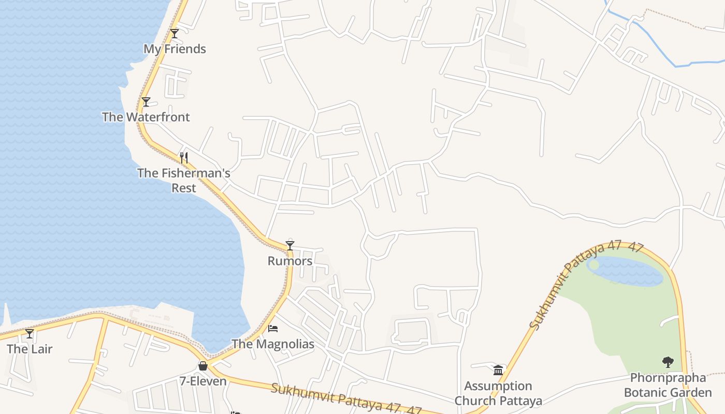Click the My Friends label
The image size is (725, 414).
[x=175, y=49]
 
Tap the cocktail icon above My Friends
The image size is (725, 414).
[x=175, y=34]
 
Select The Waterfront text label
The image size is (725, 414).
[x=146, y=117]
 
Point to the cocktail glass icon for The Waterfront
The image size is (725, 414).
[x=146, y=102]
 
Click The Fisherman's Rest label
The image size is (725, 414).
[x=184, y=180]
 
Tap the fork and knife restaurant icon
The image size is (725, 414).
[x=184, y=157]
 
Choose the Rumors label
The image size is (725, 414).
[x=290, y=261]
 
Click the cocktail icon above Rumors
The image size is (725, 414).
[x=290, y=245]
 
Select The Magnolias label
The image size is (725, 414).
[x=273, y=344]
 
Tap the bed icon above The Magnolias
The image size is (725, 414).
[x=273, y=329]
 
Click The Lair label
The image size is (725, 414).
[x=30, y=349]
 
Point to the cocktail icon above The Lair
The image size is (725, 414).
[x=30, y=334]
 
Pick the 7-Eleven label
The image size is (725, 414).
[x=203, y=381]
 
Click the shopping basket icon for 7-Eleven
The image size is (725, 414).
[x=203, y=366]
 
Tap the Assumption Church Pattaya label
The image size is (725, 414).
[x=498, y=393]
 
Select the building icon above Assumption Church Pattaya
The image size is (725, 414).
[x=498, y=370]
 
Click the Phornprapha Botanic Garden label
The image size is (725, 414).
[x=668, y=385]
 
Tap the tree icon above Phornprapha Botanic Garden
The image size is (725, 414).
[x=668, y=362]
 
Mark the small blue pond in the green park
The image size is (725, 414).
[x=627, y=271]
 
